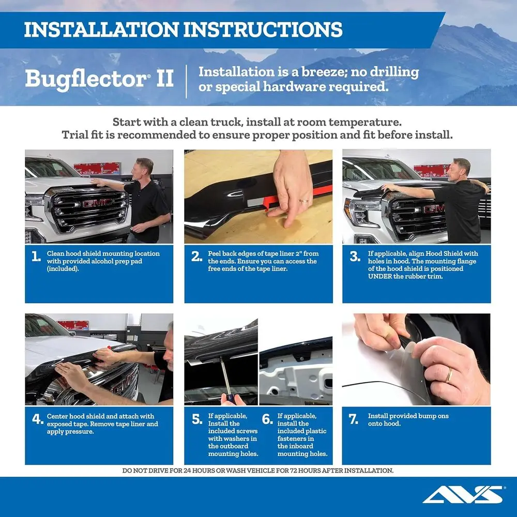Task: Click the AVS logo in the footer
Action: click(462, 495)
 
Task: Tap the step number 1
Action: click(36, 257)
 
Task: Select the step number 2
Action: click(196, 257)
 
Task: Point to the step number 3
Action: click(354, 257)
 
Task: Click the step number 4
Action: click(37, 420)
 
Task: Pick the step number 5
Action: click(197, 419)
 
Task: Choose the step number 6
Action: click(267, 419)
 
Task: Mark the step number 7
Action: click(354, 419)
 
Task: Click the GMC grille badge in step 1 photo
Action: click(97, 203)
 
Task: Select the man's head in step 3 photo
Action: click(461, 167)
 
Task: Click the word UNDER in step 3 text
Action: click(380, 277)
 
